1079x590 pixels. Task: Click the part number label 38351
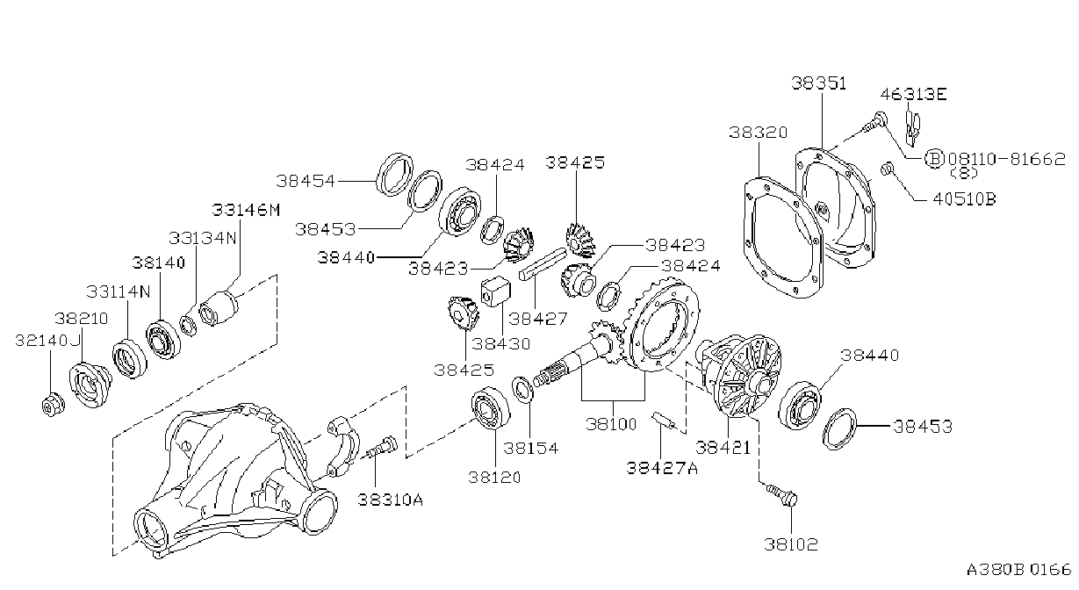click(818, 83)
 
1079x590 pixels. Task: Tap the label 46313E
click(913, 94)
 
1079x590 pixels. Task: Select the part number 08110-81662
click(1007, 158)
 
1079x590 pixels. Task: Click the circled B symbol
click(934, 158)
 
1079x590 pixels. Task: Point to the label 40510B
click(964, 199)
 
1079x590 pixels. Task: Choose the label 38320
click(758, 132)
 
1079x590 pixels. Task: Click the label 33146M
click(246, 210)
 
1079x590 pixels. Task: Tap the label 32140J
click(47, 341)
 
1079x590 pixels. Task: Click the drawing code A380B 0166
click(1018, 570)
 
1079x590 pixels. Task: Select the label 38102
click(791, 544)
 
